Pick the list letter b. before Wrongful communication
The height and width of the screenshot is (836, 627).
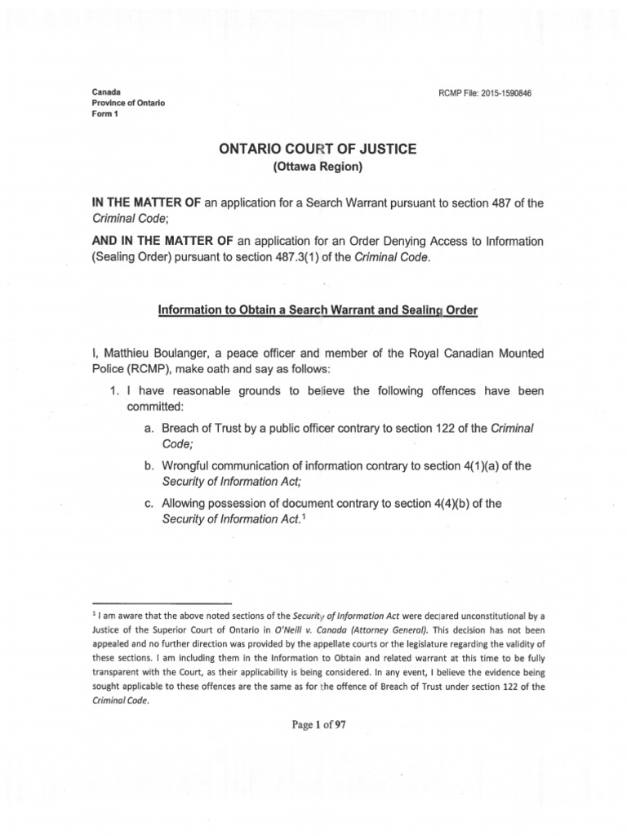click(x=149, y=466)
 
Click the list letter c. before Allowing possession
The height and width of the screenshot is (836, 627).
click(x=149, y=504)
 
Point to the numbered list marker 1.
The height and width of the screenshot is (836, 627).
click(x=114, y=391)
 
